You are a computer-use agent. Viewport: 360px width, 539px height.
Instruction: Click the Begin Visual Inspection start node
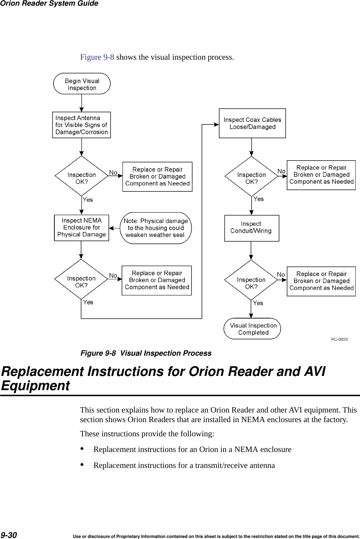tap(82, 84)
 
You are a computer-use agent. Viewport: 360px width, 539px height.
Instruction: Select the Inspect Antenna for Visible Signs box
tap(81, 125)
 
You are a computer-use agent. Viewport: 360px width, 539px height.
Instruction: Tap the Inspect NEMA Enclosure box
tap(81, 228)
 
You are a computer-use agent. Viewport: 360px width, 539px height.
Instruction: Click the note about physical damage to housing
tap(156, 228)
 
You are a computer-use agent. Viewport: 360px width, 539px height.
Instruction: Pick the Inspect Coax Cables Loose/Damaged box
tap(252, 123)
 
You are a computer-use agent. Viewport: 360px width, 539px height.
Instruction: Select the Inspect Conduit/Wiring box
tap(252, 228)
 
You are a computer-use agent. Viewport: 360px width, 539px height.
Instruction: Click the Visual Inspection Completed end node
tap(252, 329)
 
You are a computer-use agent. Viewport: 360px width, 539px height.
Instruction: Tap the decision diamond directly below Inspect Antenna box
tap(81, 176)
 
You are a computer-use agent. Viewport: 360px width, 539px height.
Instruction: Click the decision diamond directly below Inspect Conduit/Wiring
tap(251, 280)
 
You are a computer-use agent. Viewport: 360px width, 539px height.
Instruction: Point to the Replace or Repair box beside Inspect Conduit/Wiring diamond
tap(321, 281)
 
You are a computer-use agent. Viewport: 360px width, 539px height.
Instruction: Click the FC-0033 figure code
tap(339, 339)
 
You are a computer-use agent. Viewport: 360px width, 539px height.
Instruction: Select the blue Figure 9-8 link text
tap(97, 57)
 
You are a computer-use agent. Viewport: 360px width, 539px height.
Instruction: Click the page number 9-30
tap(9, 535)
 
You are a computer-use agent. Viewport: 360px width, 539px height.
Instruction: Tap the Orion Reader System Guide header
tap(49, 4)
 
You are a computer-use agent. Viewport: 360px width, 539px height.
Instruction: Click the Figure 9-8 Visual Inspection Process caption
tap(146, 353)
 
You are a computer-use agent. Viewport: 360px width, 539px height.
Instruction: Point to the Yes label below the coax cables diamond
tap(259, 199)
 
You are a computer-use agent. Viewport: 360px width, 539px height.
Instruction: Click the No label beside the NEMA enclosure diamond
tap(113, 276)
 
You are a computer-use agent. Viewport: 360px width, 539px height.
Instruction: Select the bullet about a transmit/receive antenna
tap(184, 465)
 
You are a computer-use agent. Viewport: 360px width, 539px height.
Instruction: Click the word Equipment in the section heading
tap(36, 386)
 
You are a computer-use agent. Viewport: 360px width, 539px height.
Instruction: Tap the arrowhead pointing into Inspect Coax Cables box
tap(216, 124)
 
